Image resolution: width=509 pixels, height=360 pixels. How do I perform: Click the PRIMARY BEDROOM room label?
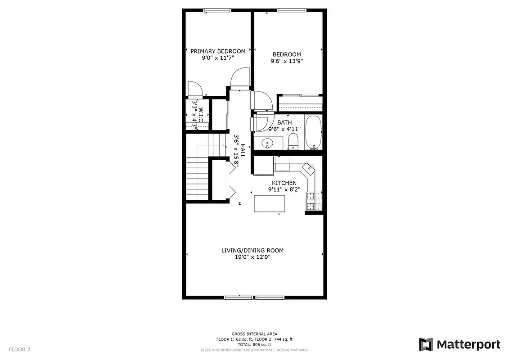218,51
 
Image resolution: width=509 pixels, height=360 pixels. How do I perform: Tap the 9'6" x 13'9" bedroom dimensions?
286,62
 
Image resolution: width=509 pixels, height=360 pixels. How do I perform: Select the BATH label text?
284,122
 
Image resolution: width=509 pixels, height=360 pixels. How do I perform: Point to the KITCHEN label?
284,183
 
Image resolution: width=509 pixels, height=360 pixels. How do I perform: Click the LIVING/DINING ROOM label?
252,251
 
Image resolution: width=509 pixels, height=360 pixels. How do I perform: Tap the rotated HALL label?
243,150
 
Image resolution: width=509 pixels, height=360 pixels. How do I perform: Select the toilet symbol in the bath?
293,141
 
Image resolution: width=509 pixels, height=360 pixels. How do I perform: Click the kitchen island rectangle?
270,203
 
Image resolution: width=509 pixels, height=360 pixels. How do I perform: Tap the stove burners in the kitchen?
310,201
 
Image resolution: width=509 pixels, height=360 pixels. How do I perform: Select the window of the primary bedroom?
217,10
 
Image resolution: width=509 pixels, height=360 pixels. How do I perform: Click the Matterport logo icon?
426,345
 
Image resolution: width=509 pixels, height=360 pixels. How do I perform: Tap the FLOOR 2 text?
19,349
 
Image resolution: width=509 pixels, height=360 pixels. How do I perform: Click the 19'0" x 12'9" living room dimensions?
252,257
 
